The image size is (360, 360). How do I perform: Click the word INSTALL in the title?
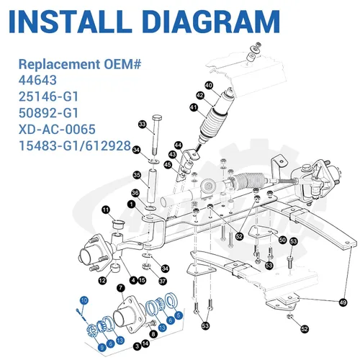point(71,22)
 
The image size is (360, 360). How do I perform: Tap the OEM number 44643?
point(37,80)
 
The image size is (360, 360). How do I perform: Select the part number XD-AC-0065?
point(57,130)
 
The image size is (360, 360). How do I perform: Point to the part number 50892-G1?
point(48,113)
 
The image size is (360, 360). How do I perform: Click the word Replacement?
point(60,64)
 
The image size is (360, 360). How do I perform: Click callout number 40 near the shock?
point(209,86)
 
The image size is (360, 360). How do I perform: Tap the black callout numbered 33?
point(143,124)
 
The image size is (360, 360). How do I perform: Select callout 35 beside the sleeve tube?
point(137,175)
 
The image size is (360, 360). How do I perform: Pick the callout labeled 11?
point(106,210)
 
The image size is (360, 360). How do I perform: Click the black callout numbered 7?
point(121,288)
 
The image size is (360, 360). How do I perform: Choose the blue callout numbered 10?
point(84,300)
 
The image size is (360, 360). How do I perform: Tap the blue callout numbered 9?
point(102,348)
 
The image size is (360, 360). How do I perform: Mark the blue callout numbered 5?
point(179,315)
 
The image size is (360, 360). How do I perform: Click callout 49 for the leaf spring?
point(343,302)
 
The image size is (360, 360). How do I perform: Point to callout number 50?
point(283,240)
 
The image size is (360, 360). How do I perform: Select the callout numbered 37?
point(163,281)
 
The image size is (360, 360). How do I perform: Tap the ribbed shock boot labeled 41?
point(214,125)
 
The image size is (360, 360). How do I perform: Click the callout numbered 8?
point(153,334)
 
